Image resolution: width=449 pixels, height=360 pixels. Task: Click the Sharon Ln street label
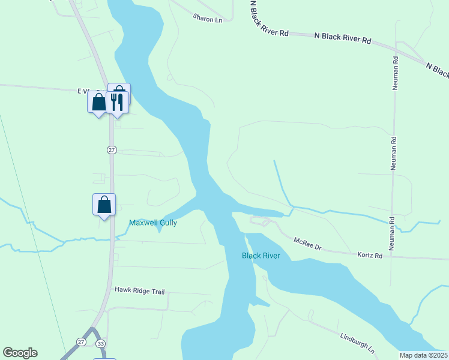[x=207, y=19]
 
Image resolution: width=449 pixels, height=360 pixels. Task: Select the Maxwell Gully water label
[x=153, y=223]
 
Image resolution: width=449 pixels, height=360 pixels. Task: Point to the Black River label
[x=261, y=256]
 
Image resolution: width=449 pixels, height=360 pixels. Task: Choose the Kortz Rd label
[x=370, y=255]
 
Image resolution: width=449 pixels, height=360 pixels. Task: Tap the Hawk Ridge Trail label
[x=139, y=291]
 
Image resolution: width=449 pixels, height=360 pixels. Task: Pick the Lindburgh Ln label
[x=357, y=343]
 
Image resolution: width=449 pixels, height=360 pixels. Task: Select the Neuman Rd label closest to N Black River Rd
[x=396, y=73]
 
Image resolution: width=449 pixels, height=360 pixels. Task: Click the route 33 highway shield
[x=100, y=343]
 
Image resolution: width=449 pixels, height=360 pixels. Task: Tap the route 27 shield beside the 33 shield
[x=81, y=341]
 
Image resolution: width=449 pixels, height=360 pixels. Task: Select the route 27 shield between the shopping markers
[x=112, y=149]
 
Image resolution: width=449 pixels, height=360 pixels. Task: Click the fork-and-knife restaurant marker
[x=116, y=101]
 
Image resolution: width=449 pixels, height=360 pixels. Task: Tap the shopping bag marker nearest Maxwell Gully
[x=104, y=205]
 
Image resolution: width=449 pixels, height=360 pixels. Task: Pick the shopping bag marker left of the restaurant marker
[x=98, y=101]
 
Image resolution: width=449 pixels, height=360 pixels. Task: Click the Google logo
[x=20, y=353]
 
